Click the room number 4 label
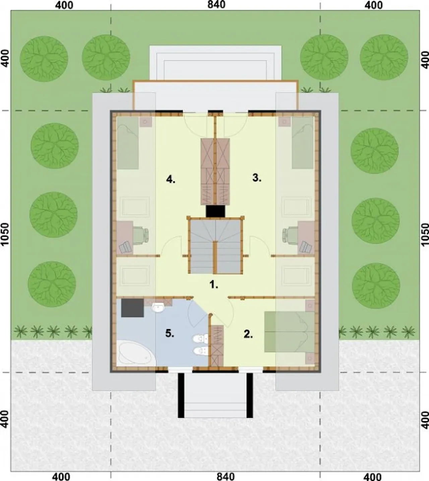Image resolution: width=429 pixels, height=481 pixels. (171, 179)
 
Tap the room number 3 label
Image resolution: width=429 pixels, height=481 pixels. (257, 178)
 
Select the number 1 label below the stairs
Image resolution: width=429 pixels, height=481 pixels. (214, 284)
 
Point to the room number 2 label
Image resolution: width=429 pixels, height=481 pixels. (248, 334)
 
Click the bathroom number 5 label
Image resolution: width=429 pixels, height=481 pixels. (170, 334)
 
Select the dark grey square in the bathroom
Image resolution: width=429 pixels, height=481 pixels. (132, 308)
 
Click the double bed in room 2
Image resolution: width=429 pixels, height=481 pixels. (289, 332)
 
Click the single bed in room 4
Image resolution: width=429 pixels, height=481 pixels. (128, 143)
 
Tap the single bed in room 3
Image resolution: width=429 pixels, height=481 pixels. (303, 142)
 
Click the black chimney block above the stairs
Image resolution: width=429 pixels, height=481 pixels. (215, 211)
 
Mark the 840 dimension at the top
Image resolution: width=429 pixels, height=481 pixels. (216, 5)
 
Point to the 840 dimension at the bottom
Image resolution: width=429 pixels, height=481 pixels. (226, 477)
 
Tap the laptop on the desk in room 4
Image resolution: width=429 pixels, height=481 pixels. (125, 247)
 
